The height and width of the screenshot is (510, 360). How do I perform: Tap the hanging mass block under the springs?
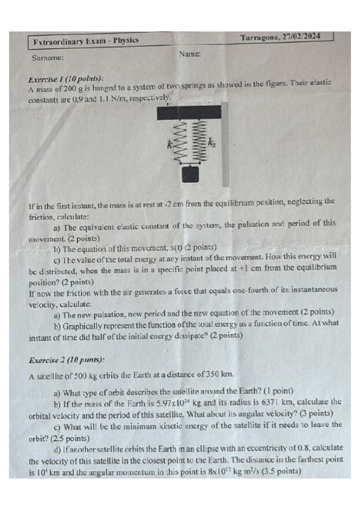click(x=190, y=174)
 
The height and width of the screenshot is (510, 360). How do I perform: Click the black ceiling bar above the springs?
click(x=188, y=112)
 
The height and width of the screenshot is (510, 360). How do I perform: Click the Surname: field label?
click(x=47, y=58)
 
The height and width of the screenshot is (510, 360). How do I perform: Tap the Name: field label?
click(x=189, y=54)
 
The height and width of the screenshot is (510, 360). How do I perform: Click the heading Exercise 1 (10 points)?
click(x=66, y=79)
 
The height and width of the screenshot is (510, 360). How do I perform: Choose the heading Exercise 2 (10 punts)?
click(x=66, y=360)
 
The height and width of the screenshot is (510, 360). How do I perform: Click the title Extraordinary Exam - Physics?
click(x=87, y=40)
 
